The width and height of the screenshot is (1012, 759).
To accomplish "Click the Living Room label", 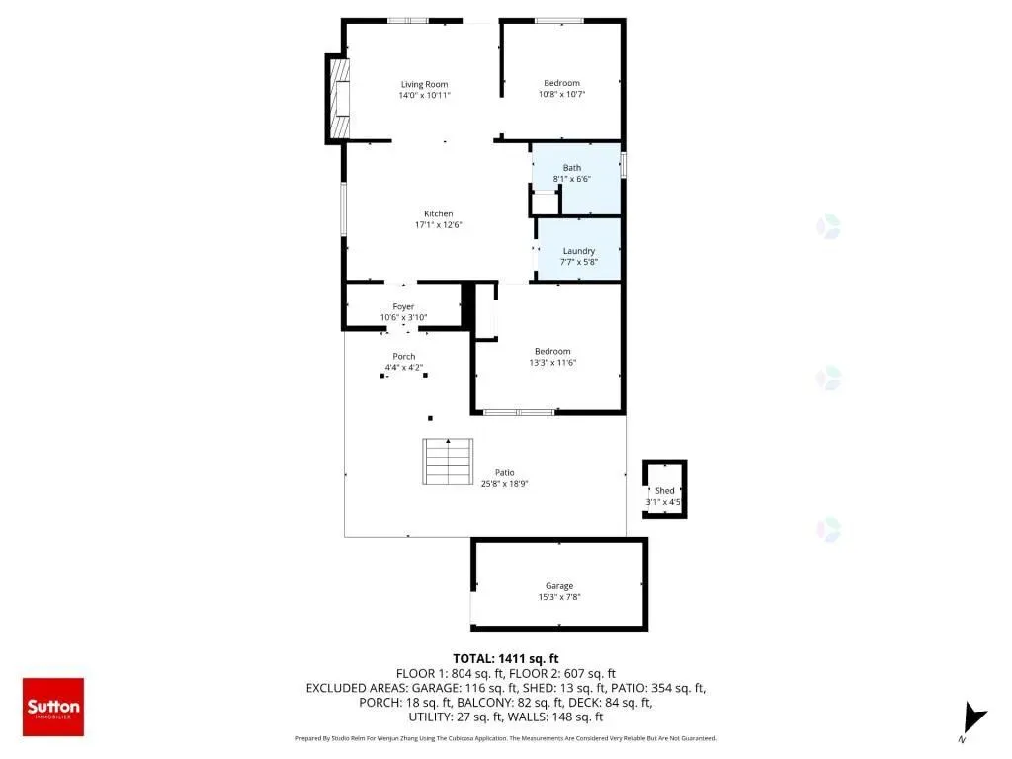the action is coord(424,85).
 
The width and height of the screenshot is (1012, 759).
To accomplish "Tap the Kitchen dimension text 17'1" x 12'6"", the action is coord(438,225).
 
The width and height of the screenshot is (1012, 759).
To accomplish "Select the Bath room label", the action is coord(572,168).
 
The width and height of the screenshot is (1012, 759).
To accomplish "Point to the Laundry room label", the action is coord(579,251).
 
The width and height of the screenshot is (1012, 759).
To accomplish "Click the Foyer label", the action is coord(403,307).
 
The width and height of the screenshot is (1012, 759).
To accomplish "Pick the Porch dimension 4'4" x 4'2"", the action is coord(404,368).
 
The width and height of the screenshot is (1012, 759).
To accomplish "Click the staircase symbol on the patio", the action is coord(448,462).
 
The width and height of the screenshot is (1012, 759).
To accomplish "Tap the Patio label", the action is coord(505,473).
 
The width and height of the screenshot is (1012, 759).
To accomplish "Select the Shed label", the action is coord(665,491).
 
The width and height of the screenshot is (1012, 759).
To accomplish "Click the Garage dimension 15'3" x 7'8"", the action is coord(559,597).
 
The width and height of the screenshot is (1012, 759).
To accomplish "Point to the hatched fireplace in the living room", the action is coord(340,99).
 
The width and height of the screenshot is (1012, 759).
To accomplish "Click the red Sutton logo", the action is coord(53,707).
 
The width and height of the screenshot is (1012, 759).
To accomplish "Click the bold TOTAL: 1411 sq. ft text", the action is coord(505,659).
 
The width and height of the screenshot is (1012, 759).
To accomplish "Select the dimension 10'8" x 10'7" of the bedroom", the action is coord(562,94).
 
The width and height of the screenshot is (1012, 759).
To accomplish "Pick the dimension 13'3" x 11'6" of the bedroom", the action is coord(552,363).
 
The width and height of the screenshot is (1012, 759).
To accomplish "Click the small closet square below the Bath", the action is coord(545,202).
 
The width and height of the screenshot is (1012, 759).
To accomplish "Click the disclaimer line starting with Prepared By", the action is coord(505,738).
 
